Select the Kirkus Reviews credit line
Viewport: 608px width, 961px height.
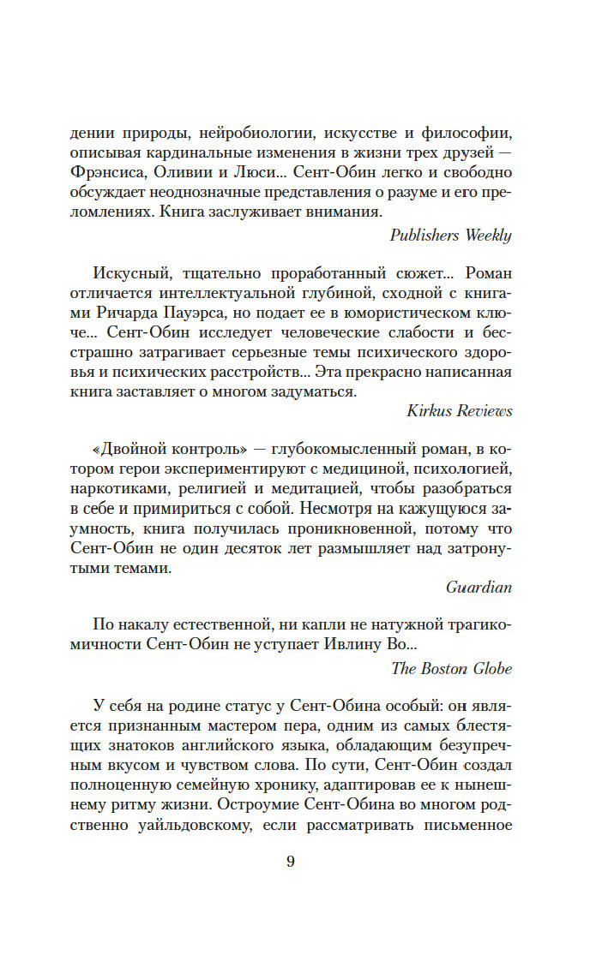click(460, 411)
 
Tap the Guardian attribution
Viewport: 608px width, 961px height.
click(479, 587)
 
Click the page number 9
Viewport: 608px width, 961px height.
click(291, 862)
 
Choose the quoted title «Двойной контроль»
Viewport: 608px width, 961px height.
click(163, 450)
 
